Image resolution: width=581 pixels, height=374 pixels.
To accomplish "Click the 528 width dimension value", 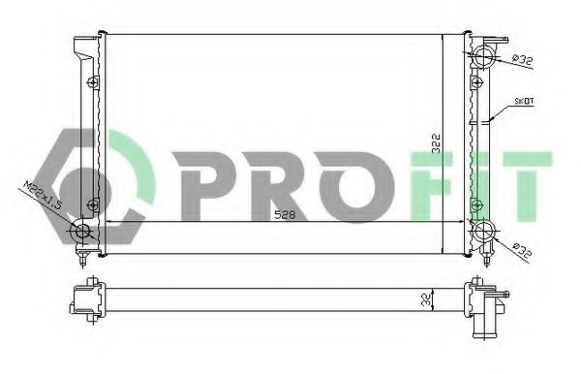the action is tap(285, 215).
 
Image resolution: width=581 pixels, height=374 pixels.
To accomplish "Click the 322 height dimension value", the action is tap(437, 143).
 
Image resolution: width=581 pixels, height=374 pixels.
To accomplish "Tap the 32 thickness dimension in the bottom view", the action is tap(427, 299).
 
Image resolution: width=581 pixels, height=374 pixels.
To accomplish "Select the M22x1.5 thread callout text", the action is tap(42, 195).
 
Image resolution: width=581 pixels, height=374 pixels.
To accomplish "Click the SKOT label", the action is tap(524, 101).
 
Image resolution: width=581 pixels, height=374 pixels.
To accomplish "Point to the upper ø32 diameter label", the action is tap(521, 60).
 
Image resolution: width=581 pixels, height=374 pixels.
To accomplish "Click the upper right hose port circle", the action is tap(483, 56).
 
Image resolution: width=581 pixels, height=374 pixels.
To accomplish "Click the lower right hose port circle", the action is tap(483, 232).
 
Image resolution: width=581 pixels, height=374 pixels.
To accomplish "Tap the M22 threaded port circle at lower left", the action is tap(82, 231).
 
